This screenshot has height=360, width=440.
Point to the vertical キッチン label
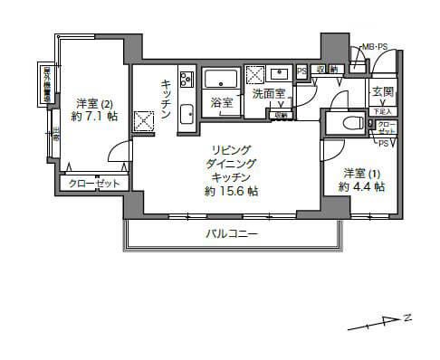[167, 94]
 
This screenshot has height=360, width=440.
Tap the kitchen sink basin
[187, 113]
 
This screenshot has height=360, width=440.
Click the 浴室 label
[221, 102]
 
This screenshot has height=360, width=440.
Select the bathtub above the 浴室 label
[221, 78]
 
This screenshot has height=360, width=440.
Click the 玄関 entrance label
[381, 92]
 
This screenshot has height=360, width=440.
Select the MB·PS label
[376, 47]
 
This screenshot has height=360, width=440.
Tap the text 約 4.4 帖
[362, 187]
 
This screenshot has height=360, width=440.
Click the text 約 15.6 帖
[231, 191]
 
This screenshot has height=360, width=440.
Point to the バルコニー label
[231, 233]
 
